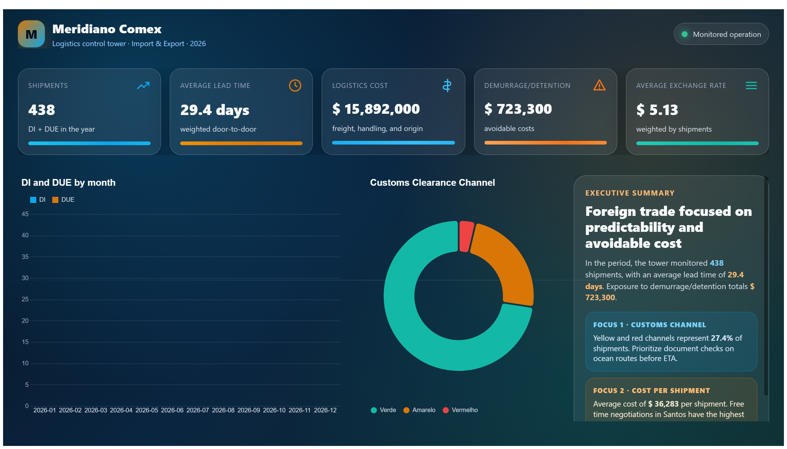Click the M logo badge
tap(31, 34)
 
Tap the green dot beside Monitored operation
tap(684, 34)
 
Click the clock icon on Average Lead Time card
tap(295, 85)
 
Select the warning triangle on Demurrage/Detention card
tap(599, 85)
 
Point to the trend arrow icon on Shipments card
tap(143, 85)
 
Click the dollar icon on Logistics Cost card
tap(447, 85)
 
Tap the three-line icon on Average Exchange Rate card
tap(751, 85)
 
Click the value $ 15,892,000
tap(376, 109)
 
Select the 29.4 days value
tap(215, 110)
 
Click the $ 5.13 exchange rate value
tap(657, 110)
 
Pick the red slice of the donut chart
tap(465, 236)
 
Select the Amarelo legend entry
tap(419, 410)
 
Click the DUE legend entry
tap(63, 200)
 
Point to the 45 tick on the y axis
tap(25, 214)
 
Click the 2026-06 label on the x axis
tap(172, 410)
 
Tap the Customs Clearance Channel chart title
tap(432, 183)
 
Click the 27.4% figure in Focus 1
tap(722, 338)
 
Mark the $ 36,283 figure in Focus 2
tap(663, 404)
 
